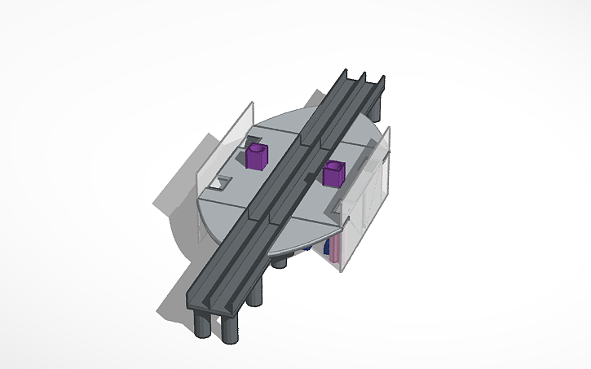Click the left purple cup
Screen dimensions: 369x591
[256, 156]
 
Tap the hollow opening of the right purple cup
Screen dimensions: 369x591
[332, 167]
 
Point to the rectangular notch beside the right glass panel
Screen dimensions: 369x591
[333, 213]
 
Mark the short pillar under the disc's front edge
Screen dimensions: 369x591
[280, 261]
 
